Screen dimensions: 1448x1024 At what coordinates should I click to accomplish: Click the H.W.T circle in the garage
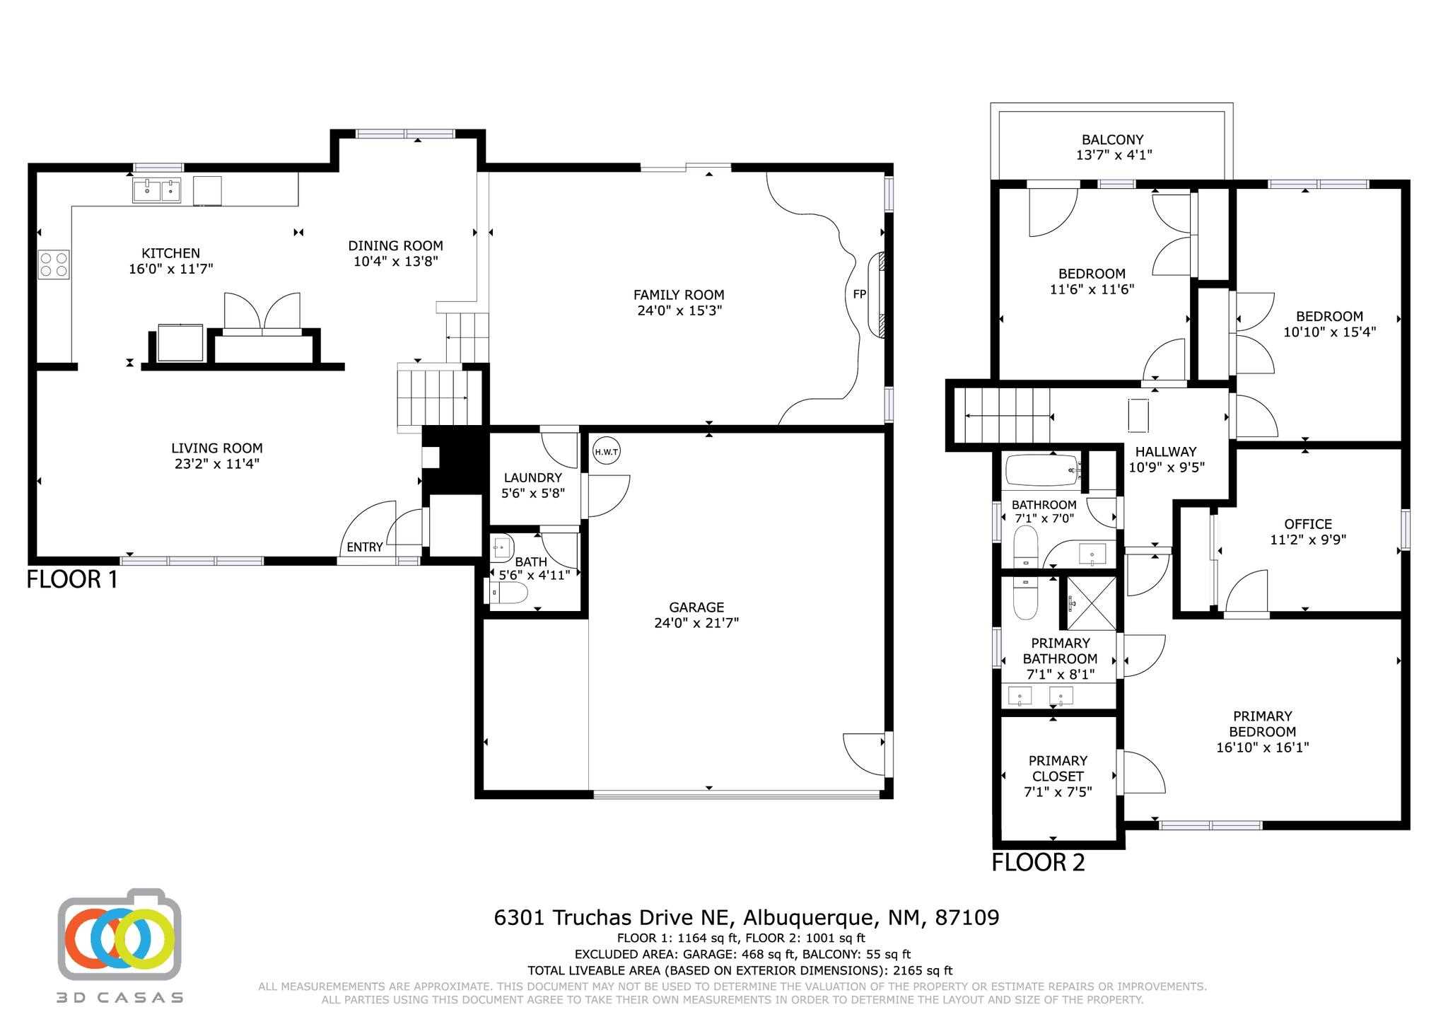click(606, 452)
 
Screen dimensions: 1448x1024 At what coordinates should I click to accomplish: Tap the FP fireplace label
click(860, 294)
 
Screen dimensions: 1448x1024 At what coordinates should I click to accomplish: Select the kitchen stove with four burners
click(54, 264)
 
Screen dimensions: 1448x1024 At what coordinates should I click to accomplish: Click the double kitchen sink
click(157, 190)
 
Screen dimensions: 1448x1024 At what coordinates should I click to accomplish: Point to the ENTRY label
click(365, 547)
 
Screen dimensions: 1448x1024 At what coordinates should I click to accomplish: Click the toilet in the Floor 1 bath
click(508, 593)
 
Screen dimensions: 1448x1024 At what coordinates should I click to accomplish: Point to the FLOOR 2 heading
click(1038, 863)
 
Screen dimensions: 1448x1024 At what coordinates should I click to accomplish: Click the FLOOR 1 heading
click(72, 580)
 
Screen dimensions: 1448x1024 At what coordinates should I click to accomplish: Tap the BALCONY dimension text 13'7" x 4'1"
click(1114, 155)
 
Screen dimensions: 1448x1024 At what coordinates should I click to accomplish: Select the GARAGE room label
click(696, 607)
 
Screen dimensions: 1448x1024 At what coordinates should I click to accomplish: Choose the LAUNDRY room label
click(533, 477)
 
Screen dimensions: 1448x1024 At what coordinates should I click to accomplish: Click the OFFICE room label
click(1308, 524)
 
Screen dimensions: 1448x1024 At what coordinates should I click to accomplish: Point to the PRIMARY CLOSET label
click(1058, 768)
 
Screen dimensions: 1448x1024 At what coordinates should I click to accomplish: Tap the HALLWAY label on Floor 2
click(1166, 451)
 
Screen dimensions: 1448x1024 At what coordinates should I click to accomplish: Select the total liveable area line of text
click(740, 971)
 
